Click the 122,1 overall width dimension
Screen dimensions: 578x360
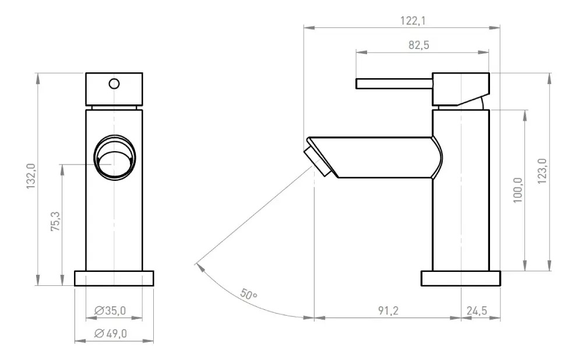pyautogui.click(x=413, y=20)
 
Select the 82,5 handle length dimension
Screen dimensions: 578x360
pyautogui.click(x=419, y=45)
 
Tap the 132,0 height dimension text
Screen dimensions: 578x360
pyautogui.click(x=31, y=176)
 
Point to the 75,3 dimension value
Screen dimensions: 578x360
pyautogui.click(x=55, y=221)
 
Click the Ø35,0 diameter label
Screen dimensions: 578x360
pyautogui.click(x=110, y=310)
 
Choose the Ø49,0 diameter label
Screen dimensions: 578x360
pyautogui.click(x=111, y=333)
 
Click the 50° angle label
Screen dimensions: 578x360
pyautogui.click(x=248, y=294)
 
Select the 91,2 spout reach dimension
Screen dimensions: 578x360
pyautogui.click(x=388, y=310)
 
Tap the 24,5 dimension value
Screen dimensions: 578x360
pyautogui.click(x=477, y=310)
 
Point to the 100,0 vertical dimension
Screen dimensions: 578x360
pyautogui.click(x=517, y=190)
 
